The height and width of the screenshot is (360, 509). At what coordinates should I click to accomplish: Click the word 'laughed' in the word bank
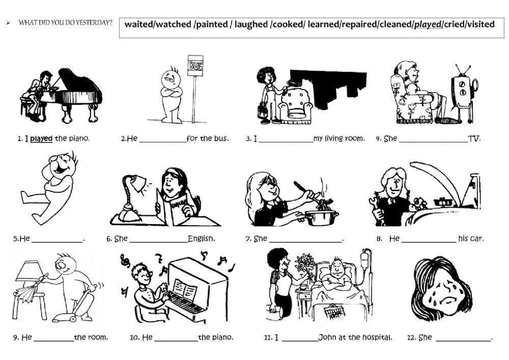[251, 24]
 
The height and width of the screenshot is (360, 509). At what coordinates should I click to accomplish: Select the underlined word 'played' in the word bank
[428, 24]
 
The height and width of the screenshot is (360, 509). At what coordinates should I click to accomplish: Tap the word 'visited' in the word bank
[480, 24]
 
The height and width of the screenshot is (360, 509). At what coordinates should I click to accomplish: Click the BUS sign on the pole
[195, 66]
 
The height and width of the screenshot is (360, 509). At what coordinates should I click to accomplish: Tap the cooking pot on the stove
[322, 217]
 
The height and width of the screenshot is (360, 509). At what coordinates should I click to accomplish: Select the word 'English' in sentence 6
[201, 238]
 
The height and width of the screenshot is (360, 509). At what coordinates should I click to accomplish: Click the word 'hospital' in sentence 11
[378, 337]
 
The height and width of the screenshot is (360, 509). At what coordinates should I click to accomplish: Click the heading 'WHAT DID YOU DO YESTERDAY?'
[65, 23]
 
